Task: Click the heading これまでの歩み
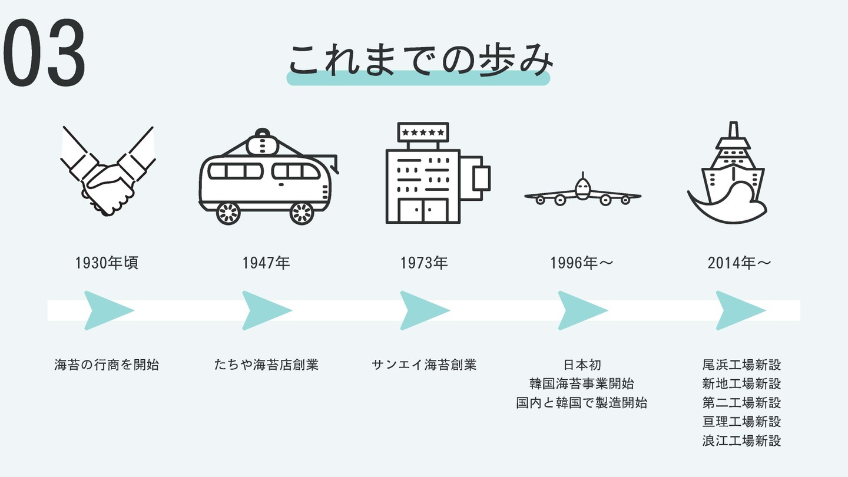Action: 419,61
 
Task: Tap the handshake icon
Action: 108,171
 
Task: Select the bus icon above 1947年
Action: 268,178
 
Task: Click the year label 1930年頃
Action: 107,263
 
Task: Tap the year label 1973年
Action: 424,263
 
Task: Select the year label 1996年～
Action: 582,263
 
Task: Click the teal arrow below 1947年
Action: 266,310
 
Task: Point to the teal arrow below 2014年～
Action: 739,310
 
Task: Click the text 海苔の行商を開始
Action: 107,365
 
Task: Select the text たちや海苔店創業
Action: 267,365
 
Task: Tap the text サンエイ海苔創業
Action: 424,365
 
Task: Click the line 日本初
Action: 582,365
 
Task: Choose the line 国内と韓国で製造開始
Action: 582,403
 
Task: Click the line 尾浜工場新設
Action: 741,365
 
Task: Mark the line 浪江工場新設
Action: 741,440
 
